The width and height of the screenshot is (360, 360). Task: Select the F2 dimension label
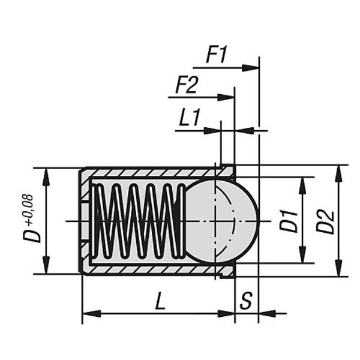point(186,86)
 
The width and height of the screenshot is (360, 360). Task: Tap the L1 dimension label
point(189,118)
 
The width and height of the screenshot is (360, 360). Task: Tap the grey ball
point(222,220)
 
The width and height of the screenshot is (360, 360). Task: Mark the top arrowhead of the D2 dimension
point(339,172)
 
